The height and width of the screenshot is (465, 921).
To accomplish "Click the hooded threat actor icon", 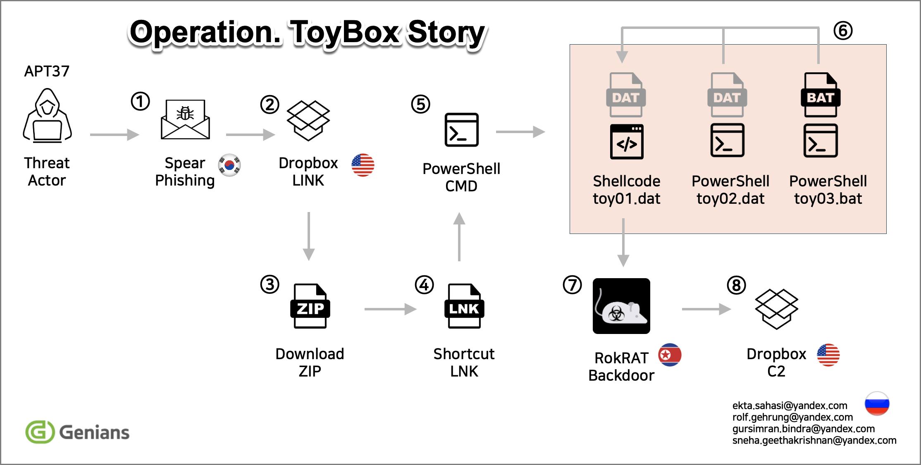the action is coord(47,115).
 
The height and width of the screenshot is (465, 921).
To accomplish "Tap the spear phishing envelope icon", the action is coord(185,119).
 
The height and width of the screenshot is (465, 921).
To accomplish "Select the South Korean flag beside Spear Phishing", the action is coord(229,165).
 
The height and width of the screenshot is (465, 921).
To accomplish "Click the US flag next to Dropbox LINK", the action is coord(363,165).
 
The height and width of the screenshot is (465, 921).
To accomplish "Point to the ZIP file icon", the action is coord(310,306).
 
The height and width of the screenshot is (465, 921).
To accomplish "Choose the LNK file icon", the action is coord(464,306).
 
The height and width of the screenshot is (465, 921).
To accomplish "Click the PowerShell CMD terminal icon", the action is coord(461,130).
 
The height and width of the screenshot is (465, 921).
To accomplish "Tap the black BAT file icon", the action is coord(821,95).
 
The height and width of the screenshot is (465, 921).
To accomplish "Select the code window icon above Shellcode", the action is coord(627,141).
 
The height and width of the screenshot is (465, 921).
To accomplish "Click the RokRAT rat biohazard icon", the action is coord(621,306).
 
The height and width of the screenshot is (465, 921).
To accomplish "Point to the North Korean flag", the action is coord(670,355).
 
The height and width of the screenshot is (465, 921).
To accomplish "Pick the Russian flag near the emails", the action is coord(877,403).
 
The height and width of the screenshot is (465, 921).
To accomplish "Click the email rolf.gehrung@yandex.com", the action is coord(792,417).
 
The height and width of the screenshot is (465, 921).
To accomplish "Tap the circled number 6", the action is coord(843,31).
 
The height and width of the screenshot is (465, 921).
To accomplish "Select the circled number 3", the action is coord(270,284).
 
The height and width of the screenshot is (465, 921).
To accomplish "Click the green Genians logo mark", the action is coord(40,432).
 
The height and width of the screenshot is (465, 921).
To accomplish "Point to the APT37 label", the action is coord(47,71).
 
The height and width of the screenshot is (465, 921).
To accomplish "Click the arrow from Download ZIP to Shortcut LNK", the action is coord(390,309).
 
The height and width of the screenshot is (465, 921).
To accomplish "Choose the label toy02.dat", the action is coord(730,199).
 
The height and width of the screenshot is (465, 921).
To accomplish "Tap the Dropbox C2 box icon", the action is coord(776,309).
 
